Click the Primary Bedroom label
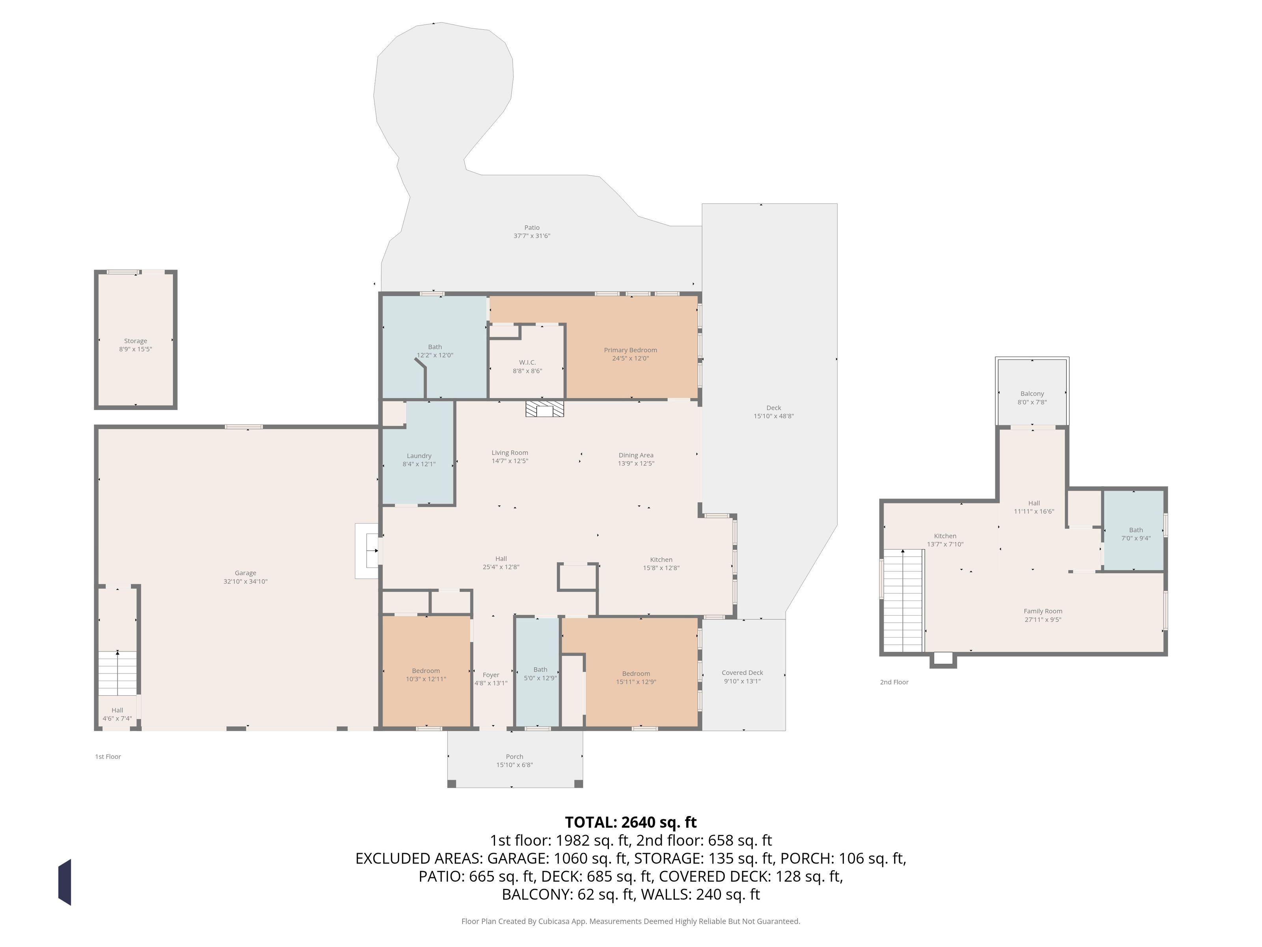631,350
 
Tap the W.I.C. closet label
527,363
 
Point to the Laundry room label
419,455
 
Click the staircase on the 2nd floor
903,601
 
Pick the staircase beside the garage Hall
118,673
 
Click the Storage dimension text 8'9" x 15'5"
136,349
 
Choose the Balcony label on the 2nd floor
1032,394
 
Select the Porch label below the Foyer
515,757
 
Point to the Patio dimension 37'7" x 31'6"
532,236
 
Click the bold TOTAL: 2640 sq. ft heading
631,822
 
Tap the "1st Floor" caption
108,757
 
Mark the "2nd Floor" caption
894,682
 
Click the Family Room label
1043,611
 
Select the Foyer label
491,675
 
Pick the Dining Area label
636,455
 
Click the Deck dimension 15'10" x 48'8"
774,416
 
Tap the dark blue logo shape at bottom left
64,882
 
